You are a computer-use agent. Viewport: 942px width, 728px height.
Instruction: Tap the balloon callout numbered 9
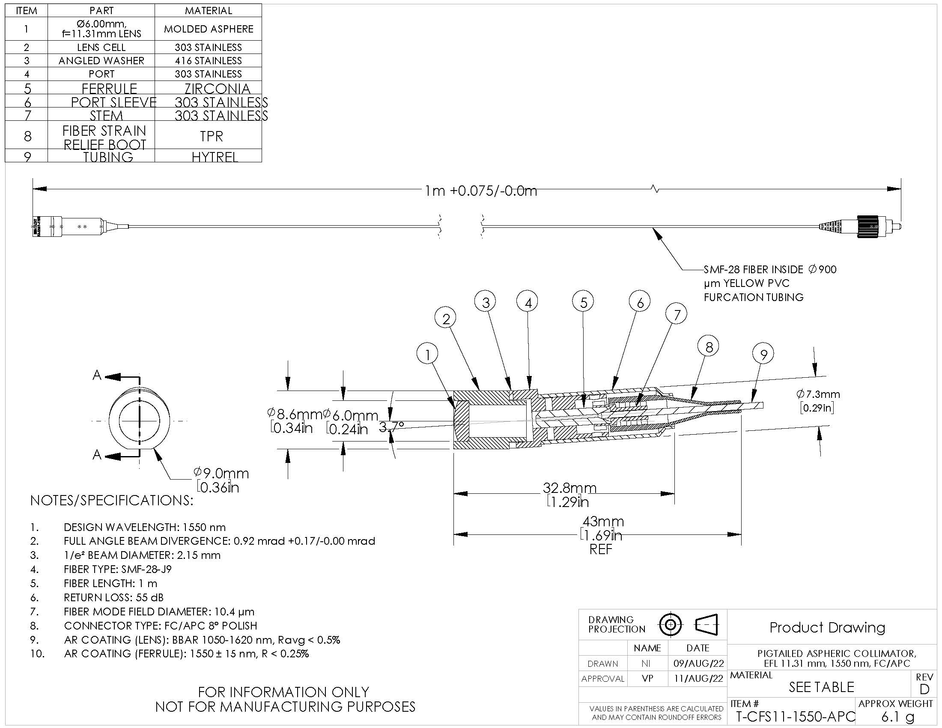pos(763,354)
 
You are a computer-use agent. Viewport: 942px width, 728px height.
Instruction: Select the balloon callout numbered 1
pos(427,354)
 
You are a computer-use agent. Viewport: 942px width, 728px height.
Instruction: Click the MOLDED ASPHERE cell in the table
pos(209,29)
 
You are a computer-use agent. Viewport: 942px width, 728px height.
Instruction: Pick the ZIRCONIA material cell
pos(217,88)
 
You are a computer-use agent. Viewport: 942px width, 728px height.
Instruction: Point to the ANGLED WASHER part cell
pos(101,60)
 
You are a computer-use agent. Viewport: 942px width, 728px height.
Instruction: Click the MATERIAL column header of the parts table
pos(209,10)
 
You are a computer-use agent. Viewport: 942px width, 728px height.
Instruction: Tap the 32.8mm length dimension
pos(569,488)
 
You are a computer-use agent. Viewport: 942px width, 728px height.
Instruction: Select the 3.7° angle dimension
pos(392,426)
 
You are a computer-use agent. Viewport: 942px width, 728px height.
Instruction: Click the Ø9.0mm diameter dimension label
pos(221,474)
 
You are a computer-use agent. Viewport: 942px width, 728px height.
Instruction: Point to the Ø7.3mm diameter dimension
pos(818,394)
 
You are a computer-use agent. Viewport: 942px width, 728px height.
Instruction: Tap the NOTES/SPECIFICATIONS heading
pos(112,500)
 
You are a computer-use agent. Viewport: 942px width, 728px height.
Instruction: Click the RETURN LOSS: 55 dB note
pos(113,597)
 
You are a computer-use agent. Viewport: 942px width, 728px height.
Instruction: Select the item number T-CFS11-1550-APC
pos(795,717)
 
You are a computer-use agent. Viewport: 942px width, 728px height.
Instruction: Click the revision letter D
pos(924,689)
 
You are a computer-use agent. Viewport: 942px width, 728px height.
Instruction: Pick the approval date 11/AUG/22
pos(698,678)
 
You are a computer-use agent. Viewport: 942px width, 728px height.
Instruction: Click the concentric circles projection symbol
pos(671,624)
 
